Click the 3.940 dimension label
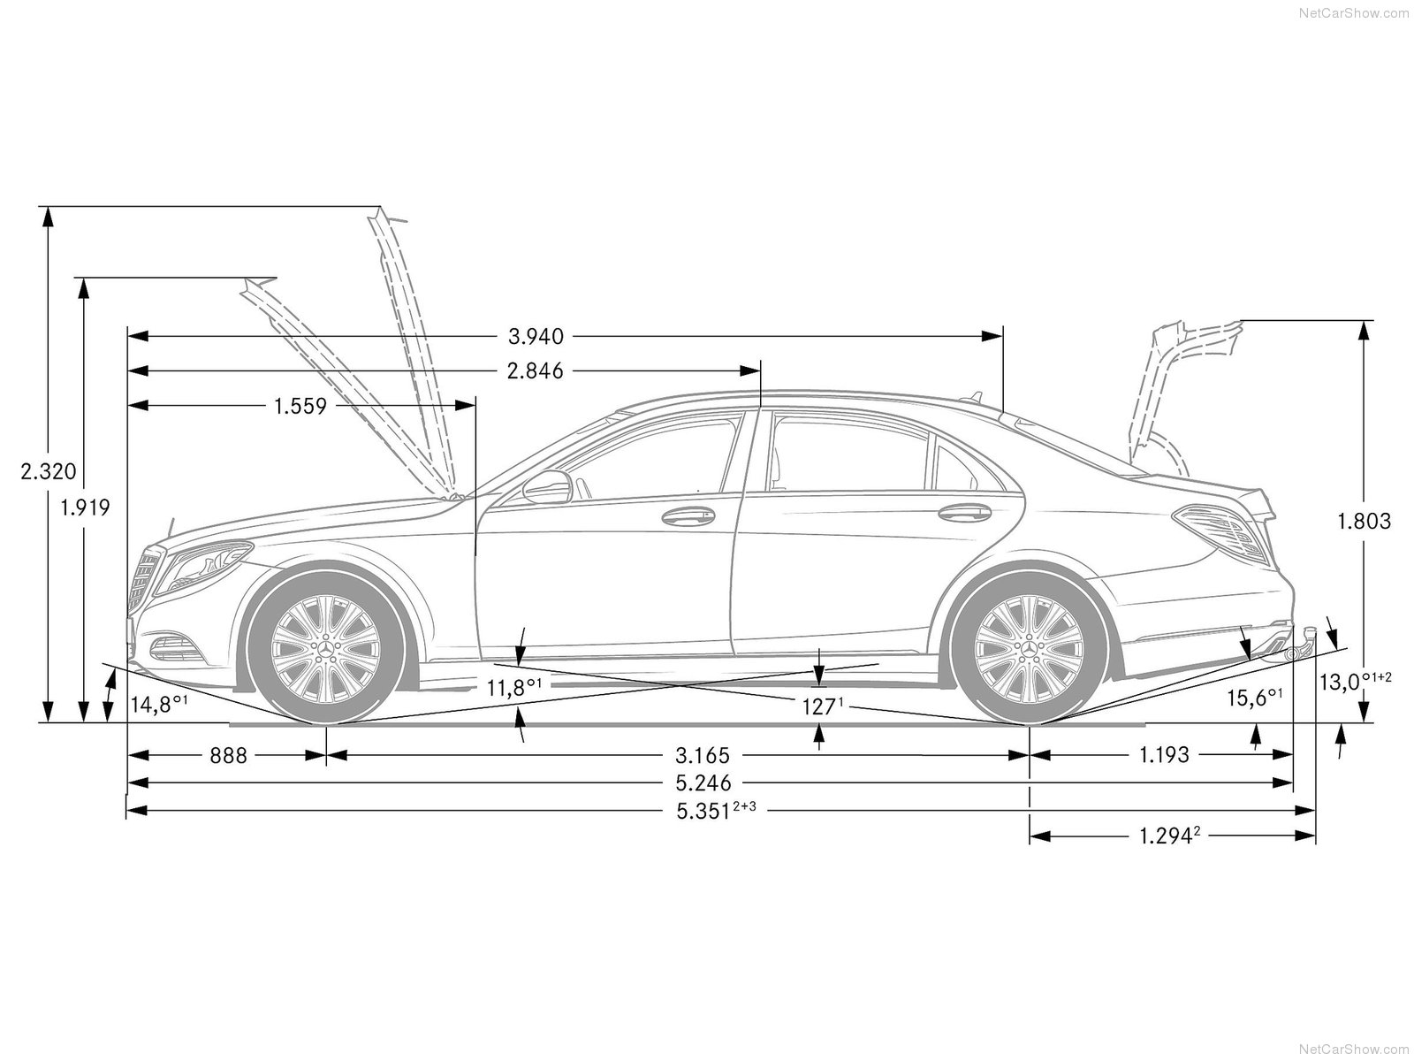536,336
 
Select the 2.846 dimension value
536,371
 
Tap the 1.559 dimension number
300,406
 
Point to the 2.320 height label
49,471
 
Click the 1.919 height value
85,508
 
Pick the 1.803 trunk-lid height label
1364,521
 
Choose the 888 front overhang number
229,756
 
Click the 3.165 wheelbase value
703,755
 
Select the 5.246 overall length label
703,783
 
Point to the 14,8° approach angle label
159,704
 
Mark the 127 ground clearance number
823,707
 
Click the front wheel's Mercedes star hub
325,649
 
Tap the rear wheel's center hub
1029,649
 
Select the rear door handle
964,513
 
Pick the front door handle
688,516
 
